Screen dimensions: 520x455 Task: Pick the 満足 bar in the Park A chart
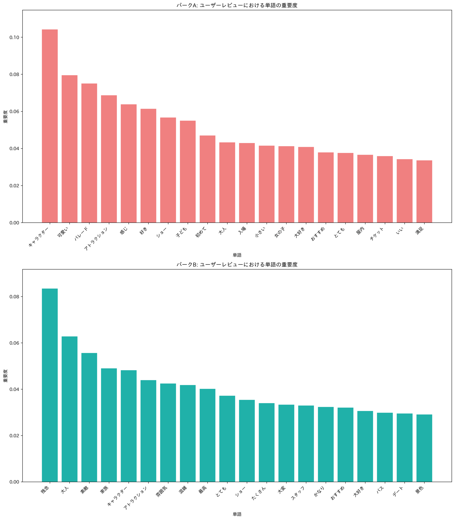click(x=424, y=192)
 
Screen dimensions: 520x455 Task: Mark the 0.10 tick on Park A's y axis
click(x=14, y=38)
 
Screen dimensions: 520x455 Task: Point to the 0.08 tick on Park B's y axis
click(x=14, y=297)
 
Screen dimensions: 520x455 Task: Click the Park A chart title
click(x=237, y=5)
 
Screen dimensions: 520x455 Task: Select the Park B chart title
click(x=237, y=264)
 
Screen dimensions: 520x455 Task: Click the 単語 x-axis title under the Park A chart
click(x=237, y=255)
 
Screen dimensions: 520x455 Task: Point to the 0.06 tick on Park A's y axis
click(x=14, y=112)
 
